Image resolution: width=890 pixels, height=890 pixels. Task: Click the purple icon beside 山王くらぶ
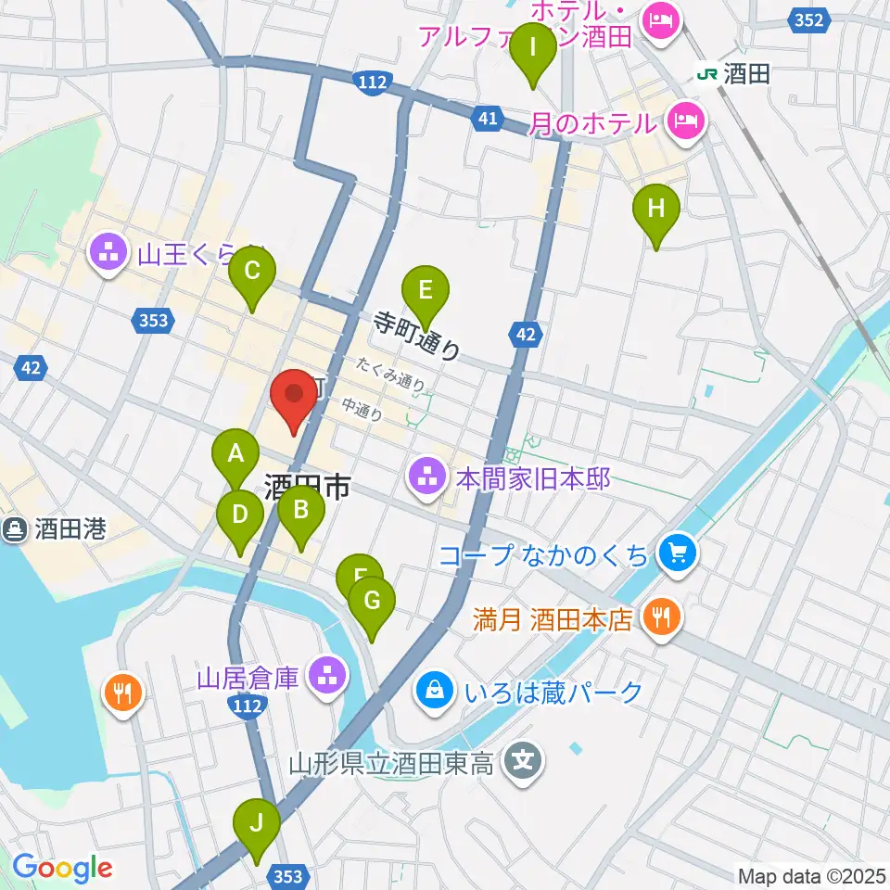point(109,252)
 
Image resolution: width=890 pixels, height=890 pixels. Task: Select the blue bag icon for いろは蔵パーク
point(433,691)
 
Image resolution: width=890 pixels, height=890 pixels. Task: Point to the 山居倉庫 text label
point(248,678)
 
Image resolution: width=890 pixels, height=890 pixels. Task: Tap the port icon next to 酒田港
point(17,529)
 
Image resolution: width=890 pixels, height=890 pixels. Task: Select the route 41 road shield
point(489,117)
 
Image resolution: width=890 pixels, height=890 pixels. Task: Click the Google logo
point(62,868)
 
